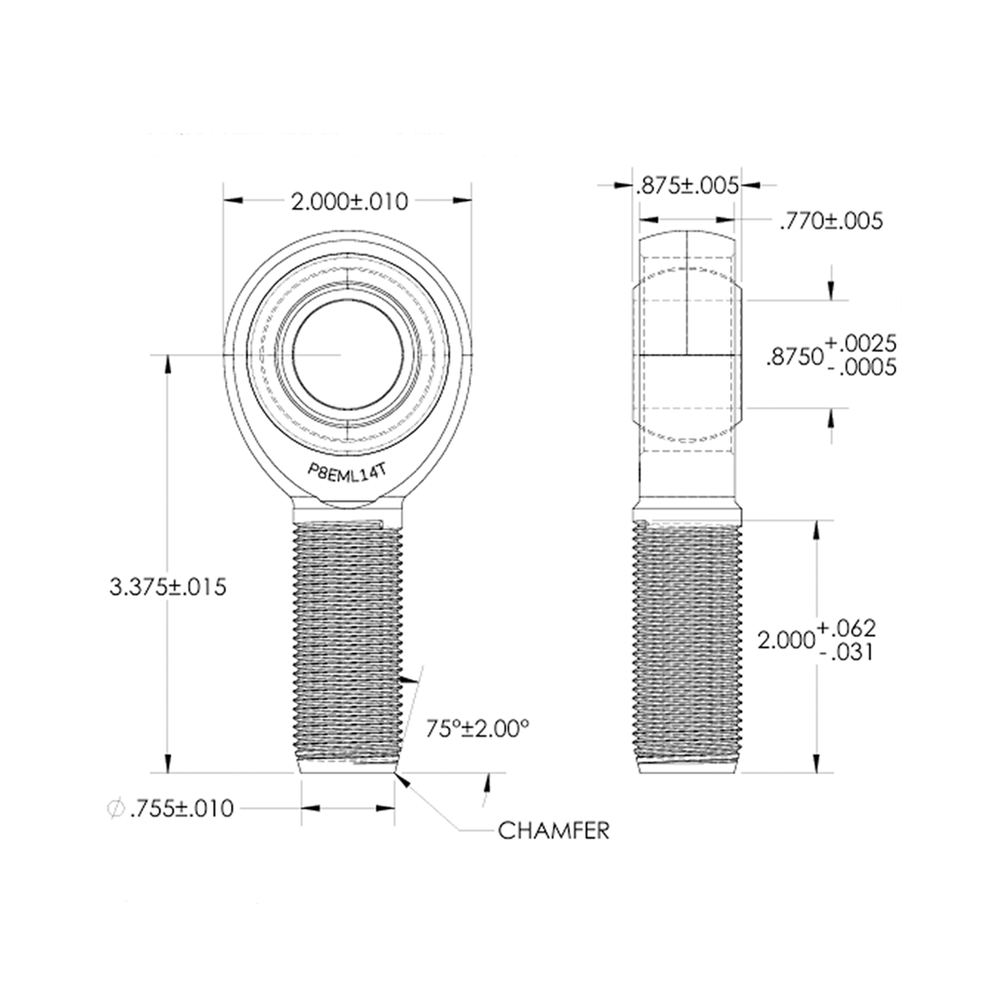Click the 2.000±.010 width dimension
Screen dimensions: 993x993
click(348, 201)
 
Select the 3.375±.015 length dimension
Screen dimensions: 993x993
click(167, 586)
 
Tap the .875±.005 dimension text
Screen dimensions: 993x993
click(687, 186)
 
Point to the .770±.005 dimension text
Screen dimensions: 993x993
click(830, 221)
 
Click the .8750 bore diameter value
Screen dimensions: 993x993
click(794, 357)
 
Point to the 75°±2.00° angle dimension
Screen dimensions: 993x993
click(478, 728)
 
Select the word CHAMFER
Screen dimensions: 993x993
click(554, 831)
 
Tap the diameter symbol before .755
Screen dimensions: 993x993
click(117, 808)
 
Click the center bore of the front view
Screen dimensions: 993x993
click(348, 353)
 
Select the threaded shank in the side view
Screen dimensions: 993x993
click(687, 644)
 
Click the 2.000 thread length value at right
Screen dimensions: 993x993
click(784, 640)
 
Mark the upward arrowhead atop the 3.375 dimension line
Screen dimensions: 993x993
click(167, 360)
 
